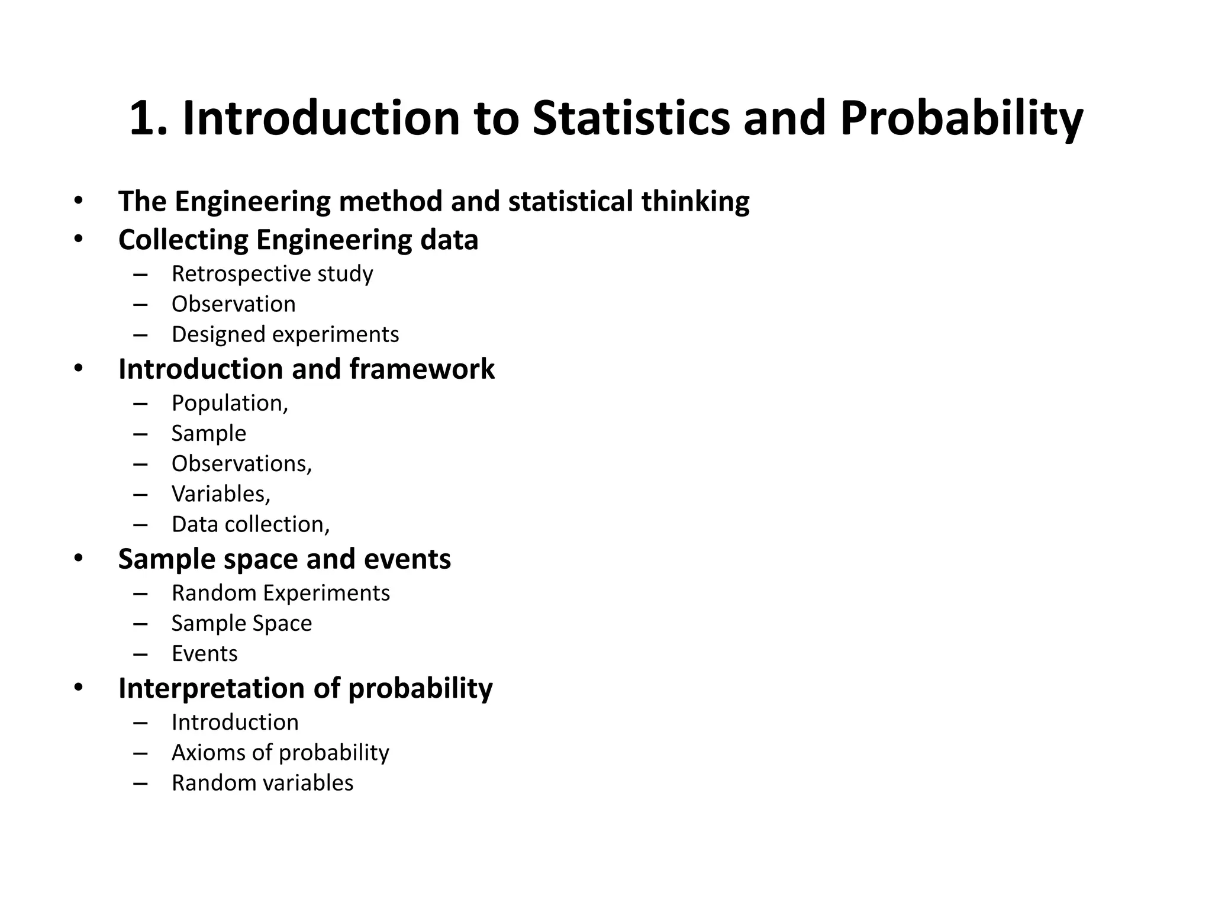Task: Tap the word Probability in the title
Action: (x=961, y=118)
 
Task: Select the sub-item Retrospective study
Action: (x=272, y=274)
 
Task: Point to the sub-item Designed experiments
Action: (x=285, y=335)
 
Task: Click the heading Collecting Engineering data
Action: (x=298, y=240)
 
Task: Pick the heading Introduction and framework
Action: (x=306, y=369)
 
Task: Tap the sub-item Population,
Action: (x=230, y=404)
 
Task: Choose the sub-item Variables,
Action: (x=221, y=494)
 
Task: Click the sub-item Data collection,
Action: (x=250, y=525)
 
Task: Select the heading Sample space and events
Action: (x=284, y=559)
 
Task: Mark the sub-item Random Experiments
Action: (x=281, y=594)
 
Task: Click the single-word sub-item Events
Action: (x=204, y=654)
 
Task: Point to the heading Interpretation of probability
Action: (x=305, y=688)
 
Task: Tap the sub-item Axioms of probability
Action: (x=280, y=753)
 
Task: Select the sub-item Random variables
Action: (x=262, y=783)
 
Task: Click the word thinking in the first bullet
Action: (x=695, y=202)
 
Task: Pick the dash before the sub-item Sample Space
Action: (x=140, y=624)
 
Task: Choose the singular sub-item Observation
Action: (x=233, y=304)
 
